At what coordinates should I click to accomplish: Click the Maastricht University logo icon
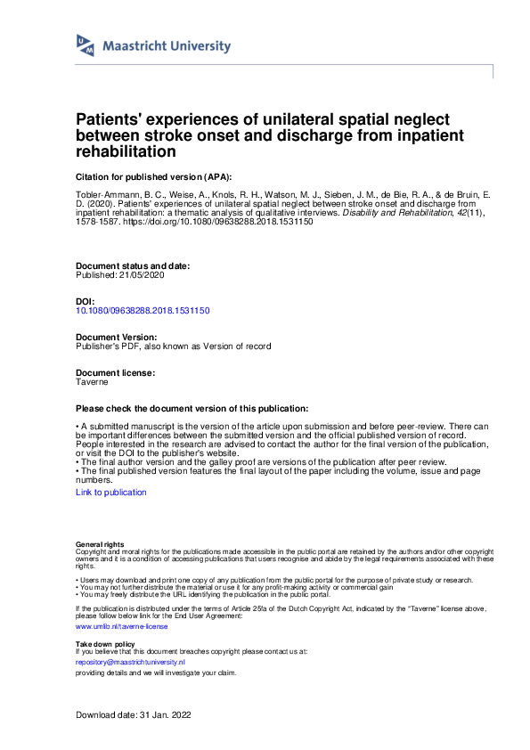[x=86, y=46]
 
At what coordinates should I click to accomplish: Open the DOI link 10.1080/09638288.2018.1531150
[x=143, y=310]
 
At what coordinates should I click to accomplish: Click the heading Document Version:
[x=117, y=338]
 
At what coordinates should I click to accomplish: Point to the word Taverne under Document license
[x=92, y=380]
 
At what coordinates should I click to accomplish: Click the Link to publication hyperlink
[x=111, y=492]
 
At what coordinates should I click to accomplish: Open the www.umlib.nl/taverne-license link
[x=116, y=626]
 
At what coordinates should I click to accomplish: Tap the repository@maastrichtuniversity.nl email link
[x=130, y=663]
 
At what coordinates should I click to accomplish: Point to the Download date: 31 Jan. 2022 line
[x=134, y=715]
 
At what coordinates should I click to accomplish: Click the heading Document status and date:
[x=132, y=266]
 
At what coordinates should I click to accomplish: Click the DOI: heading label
[x=86, y=302]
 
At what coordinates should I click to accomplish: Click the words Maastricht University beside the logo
[x=167, y=46]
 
